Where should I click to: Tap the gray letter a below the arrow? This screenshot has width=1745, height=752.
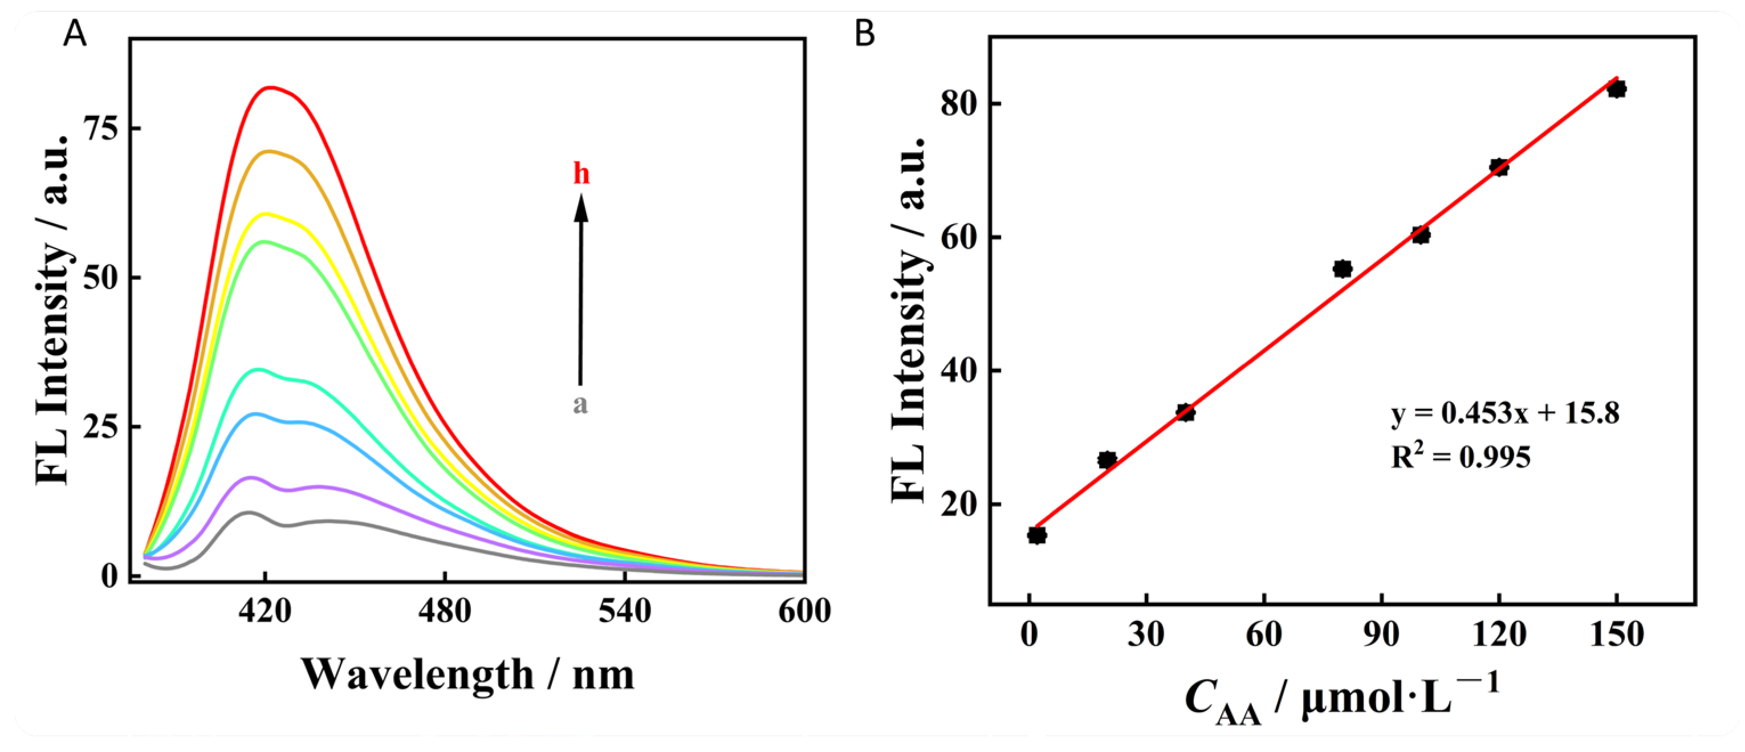click(580, 404)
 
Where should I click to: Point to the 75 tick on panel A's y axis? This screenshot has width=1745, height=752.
click(101, 128)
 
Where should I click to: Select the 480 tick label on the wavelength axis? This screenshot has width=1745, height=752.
click(445, 612)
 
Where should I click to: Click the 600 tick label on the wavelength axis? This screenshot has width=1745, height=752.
click(804, 612)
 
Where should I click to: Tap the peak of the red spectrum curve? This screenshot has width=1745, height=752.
click(271, 87)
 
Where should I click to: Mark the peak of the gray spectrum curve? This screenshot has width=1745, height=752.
click(248, 513)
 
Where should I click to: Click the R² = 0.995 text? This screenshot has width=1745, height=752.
click(1461, 457)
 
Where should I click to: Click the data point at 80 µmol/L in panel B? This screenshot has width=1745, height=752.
click(1342, 269)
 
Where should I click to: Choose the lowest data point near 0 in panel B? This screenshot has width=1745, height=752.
click(1036, 535)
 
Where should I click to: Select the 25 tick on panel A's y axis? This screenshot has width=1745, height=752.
click(101, 427)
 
